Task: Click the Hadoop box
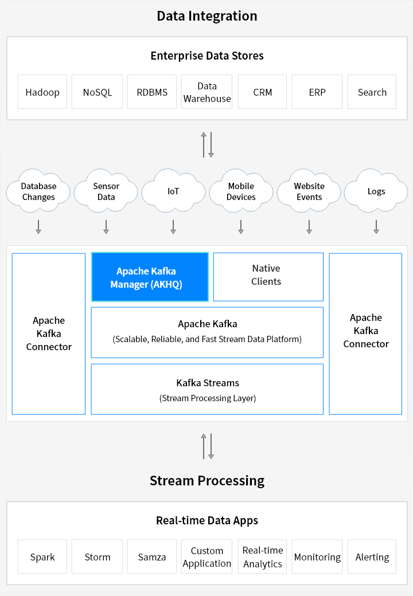pyautogui.click(x=42, y=92)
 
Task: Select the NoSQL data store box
pyautogui.click(x=97, y=92)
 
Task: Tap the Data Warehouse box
pyautogui.click(x=206, y=92)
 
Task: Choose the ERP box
pyautogui.click(x=317, y=92)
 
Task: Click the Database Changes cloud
pyautogui.click(x=38, y=191)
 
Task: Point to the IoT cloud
pyautogui.click(x=173, y=191)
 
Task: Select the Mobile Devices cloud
pyautogui.click(x=241, y=191)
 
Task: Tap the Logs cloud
pyautogui.click(x=376, y=191)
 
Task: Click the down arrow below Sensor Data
pyautogui.click(x=106, y=226)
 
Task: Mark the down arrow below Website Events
pyautogui.click(x=309, y=226)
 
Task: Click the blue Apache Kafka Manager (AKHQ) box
pyautogui.click(x=150, y=277)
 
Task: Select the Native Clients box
pyautogui.click(x=268, y=277)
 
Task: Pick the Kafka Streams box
pyautogui.click(x=207, y=389)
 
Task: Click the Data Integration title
pyautogui.click(x=206, y=15)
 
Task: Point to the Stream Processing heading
pyautogui.click(x=206, y=480)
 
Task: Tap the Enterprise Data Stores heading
pyautogui.click(x=206, y=56)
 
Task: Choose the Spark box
pyautogui.click(x=42, y=556)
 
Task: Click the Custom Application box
pyautogui.click(x=206, y=556)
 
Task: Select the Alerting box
pyautogui.click(x=372, y=556)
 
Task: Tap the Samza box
pyautogui.click(x=152, y=556)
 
